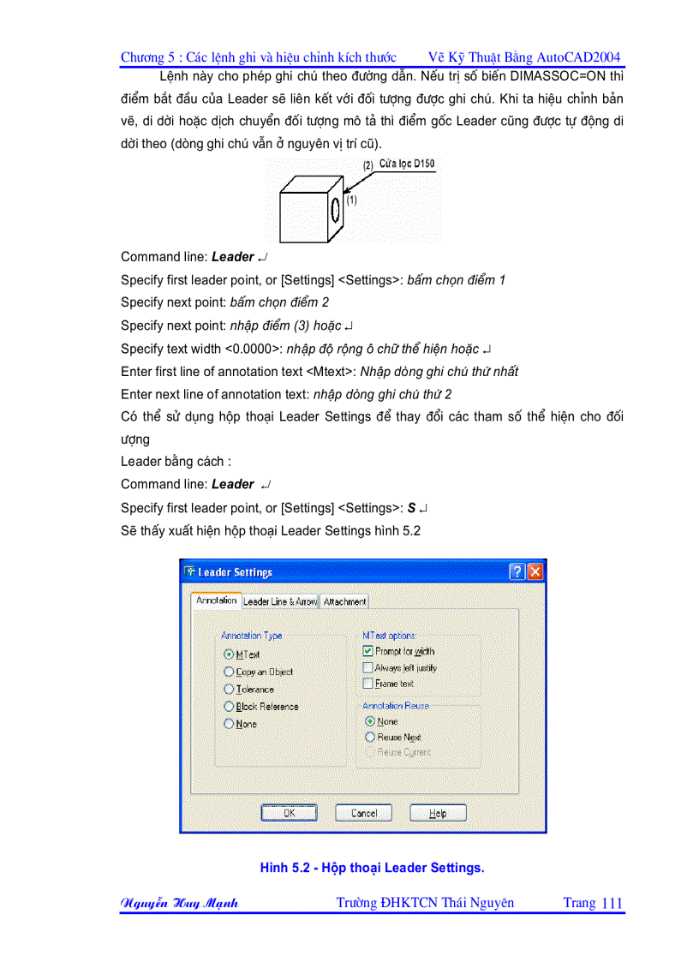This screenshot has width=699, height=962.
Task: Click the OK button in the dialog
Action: click(289, 813)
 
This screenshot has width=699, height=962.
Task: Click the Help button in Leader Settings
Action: click(438, 813)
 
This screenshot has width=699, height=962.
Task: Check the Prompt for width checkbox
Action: click(368, 651)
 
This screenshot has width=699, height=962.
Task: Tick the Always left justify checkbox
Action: click(368, 667)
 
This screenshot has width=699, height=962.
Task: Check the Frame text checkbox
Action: click(368, 684)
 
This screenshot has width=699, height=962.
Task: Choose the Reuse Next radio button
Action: click(370, 737)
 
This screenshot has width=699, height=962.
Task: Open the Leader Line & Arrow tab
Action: click(280, 601)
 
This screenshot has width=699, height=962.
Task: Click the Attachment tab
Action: click(345, 601)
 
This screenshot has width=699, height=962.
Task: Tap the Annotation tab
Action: click(216, 601)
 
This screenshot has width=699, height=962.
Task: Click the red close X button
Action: click(535, 572)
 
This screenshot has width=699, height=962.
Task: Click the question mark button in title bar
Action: click(517, 572)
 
